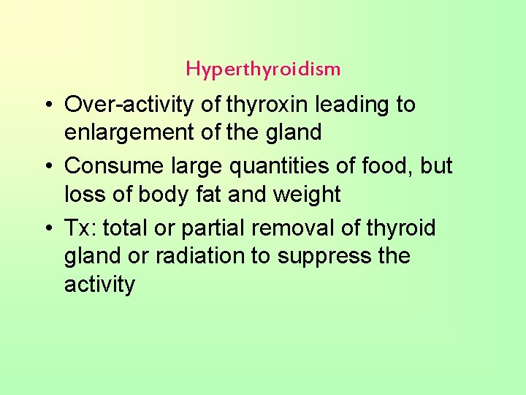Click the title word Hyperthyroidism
[x=263, y=69]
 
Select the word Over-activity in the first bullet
[x=130, y=105]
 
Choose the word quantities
[x=268, y=166]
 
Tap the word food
[x=388, y=166]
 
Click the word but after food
[x=437, y=166]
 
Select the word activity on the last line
[x=99, y=285]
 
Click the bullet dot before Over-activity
[x=46, y=105]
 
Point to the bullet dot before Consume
[x=46, y=167]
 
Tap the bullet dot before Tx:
[x=46, y=228]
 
